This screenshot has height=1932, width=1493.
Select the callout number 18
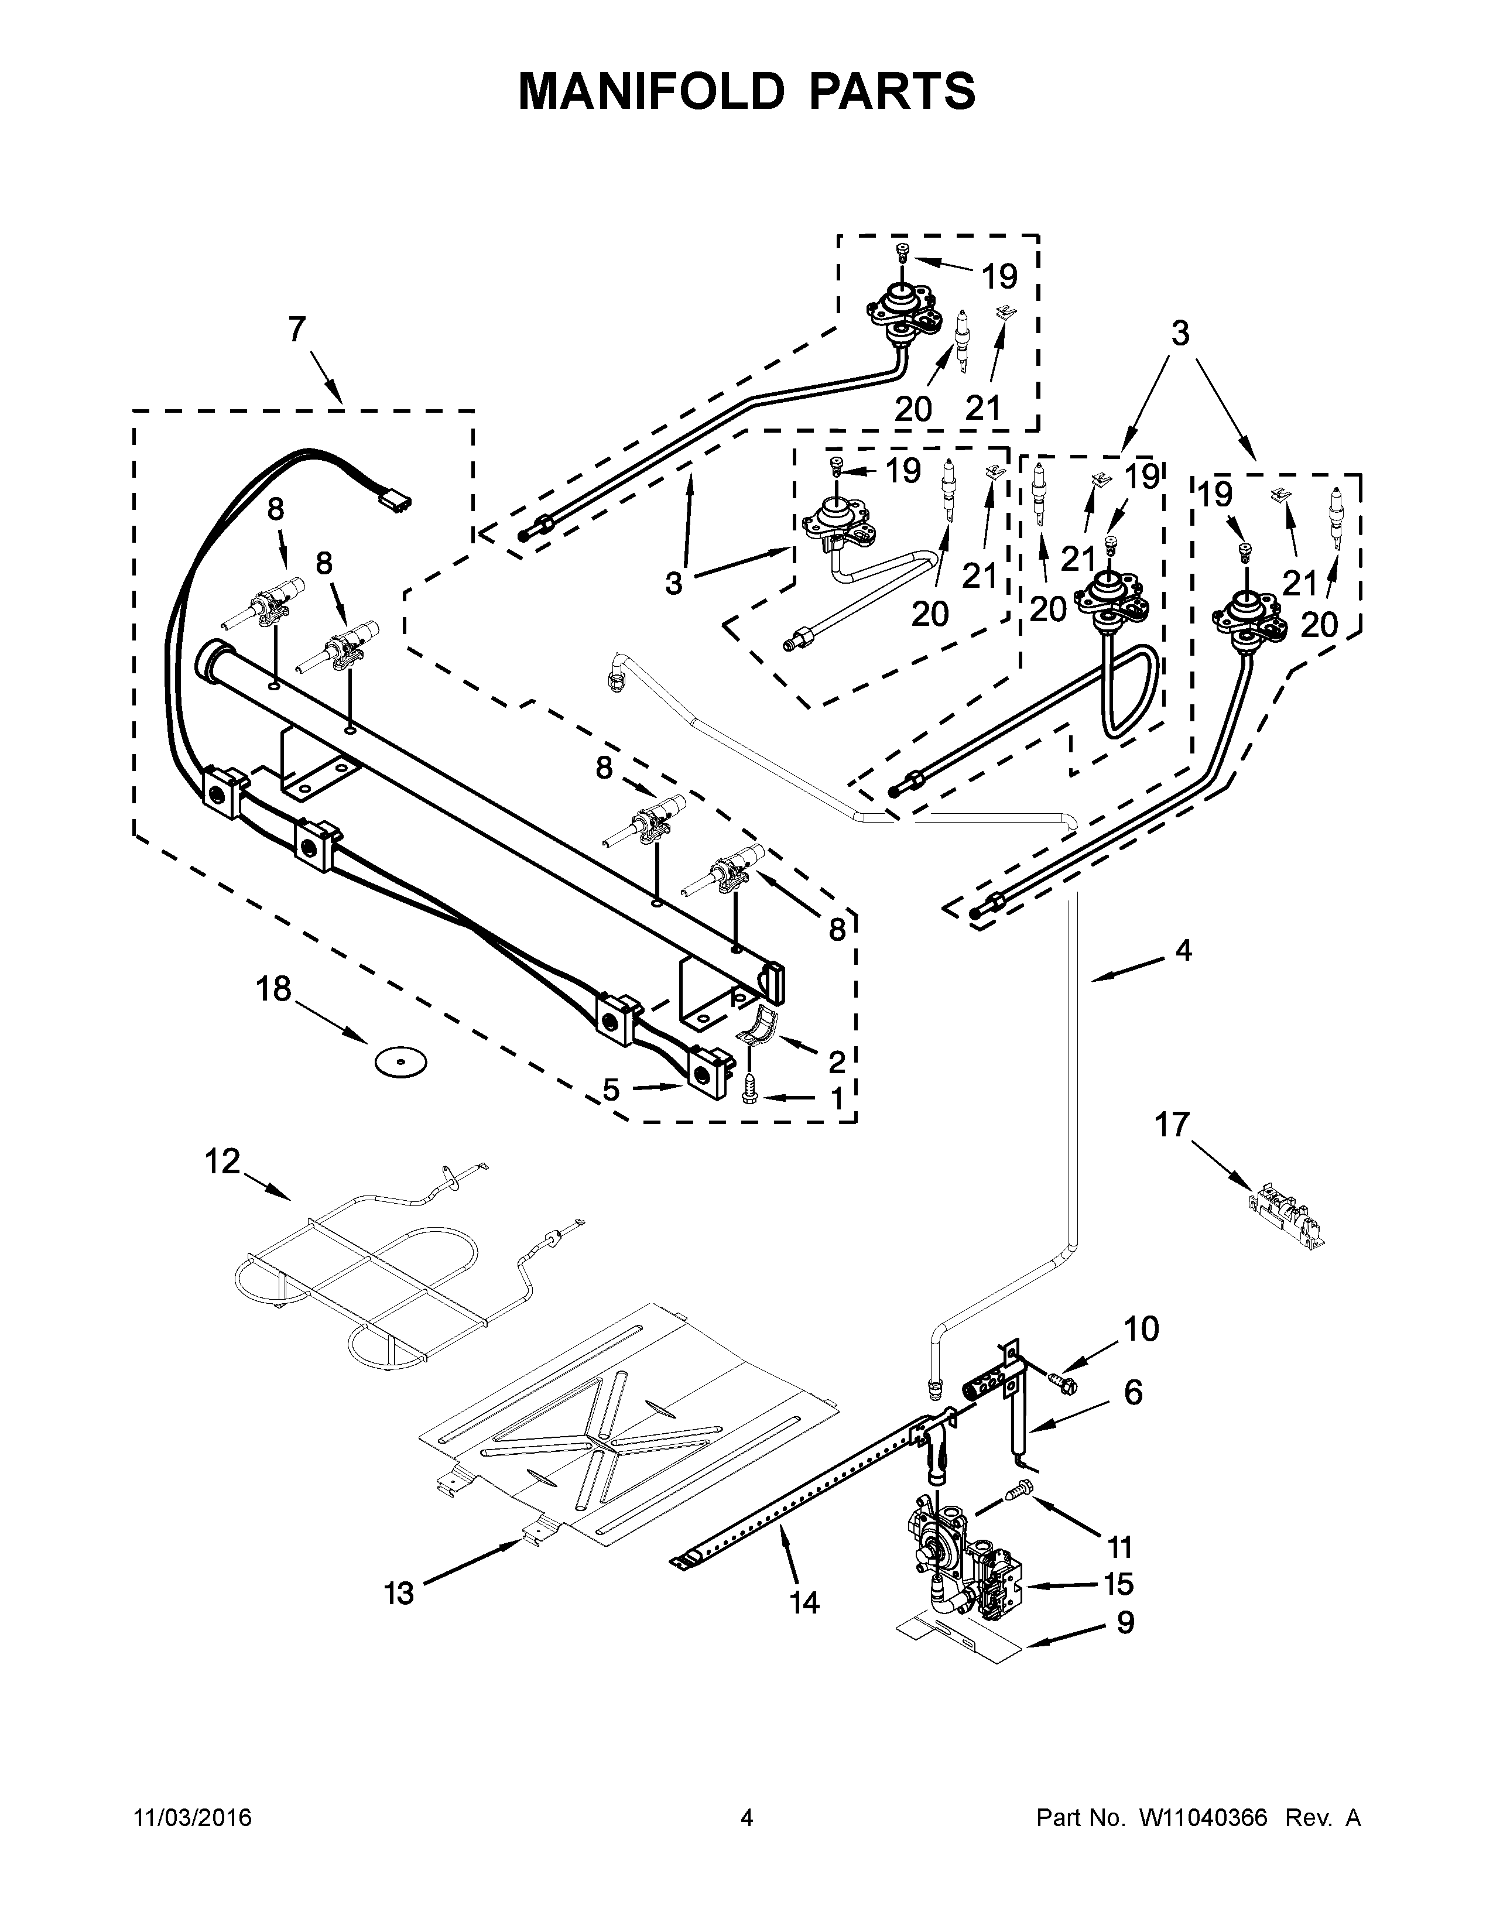[x=273, y=988]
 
